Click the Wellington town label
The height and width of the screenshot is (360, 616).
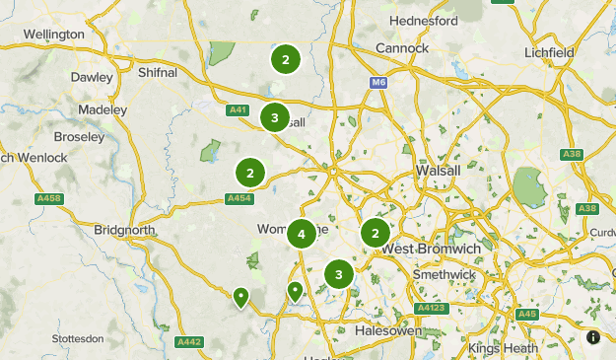54,34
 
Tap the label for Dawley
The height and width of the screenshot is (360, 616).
94,77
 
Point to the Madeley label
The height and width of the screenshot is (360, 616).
103,109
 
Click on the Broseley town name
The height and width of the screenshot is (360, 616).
79,137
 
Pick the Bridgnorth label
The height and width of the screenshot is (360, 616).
124,230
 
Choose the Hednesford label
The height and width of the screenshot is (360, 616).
424,21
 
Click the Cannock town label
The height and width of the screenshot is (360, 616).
402,47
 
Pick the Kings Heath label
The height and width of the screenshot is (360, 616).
499,348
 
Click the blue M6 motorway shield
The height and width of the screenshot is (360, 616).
378,83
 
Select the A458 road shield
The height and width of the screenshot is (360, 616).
48,199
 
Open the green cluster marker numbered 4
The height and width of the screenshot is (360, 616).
302,235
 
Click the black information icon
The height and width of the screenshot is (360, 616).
593,337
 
